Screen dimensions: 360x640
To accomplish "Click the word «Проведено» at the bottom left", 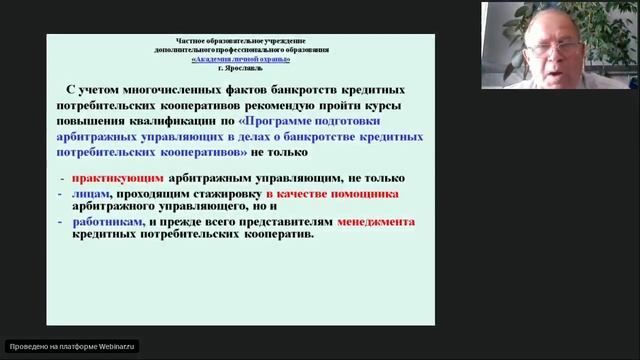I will click(27, 346).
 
